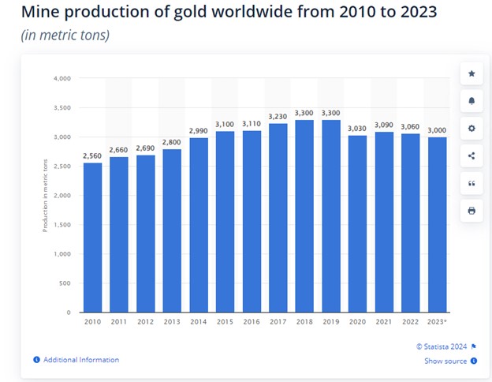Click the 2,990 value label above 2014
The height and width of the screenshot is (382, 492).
coord(198,129)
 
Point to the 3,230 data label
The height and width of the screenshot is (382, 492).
coord(277,115)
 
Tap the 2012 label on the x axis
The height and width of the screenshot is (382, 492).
coord(144,321)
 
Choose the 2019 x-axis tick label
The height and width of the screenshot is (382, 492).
coord(330,321)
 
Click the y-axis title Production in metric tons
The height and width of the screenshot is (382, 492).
coord(45,195)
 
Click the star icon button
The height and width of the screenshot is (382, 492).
coord(471,73)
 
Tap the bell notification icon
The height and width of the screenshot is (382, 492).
coord(471,101)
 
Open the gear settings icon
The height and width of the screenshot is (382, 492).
coord(471,129)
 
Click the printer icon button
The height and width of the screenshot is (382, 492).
coord(471,211)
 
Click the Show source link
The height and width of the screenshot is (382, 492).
coord(446,361)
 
